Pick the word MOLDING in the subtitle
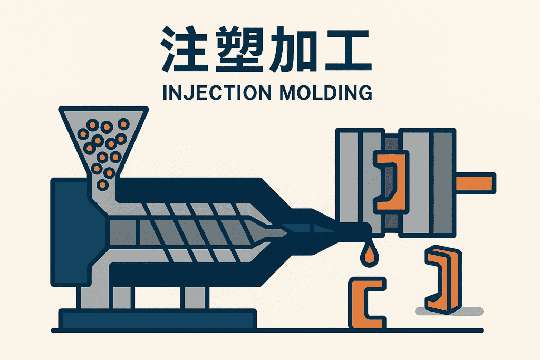(x=326, y=93)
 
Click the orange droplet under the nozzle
(x=369, y=255)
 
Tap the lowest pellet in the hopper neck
(x=103, y=185)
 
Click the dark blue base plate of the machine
(x=158, y=319)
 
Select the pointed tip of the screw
(x=288, y=233)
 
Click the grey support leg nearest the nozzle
(x=195, y=297)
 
